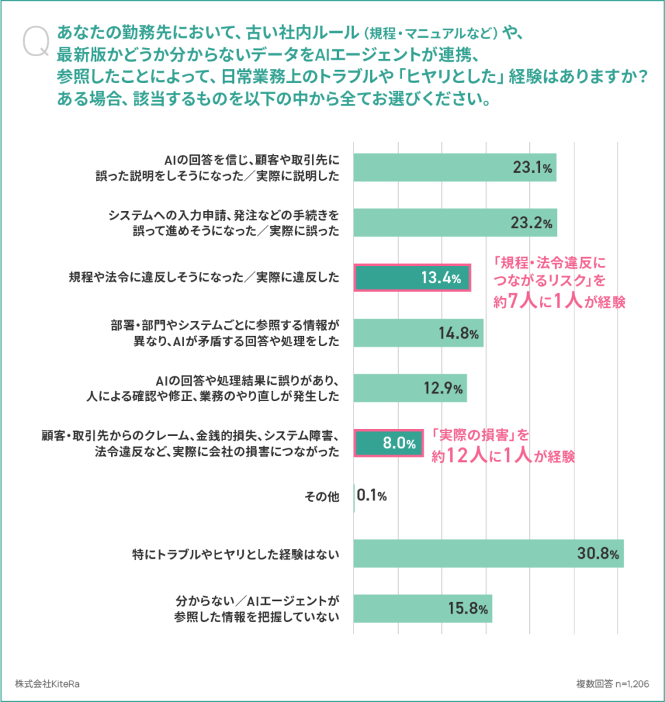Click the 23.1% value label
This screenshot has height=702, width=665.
(533, 167)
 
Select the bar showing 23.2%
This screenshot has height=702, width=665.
(455, 223)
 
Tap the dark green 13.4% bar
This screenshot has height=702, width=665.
(412, 278)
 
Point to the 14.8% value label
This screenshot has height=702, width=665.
(458, 333)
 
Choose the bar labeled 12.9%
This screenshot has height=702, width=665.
(410, 388)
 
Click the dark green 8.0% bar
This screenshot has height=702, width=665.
(388, 444)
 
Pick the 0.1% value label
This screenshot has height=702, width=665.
(371, 495)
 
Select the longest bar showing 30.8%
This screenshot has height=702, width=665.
(489, 553)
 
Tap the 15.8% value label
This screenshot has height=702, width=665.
(468, 609)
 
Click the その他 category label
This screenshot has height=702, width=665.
(322, 496)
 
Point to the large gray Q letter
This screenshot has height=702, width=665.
(36, 41)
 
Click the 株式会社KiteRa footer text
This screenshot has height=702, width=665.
(47, 683)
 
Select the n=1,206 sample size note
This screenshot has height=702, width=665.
(632, 683)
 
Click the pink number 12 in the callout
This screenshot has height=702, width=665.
(458, 455)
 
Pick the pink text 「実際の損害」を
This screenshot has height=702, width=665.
(480, 435)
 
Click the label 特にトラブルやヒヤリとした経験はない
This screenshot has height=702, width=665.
(235, 555)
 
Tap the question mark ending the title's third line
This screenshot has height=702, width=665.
(644, 77)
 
